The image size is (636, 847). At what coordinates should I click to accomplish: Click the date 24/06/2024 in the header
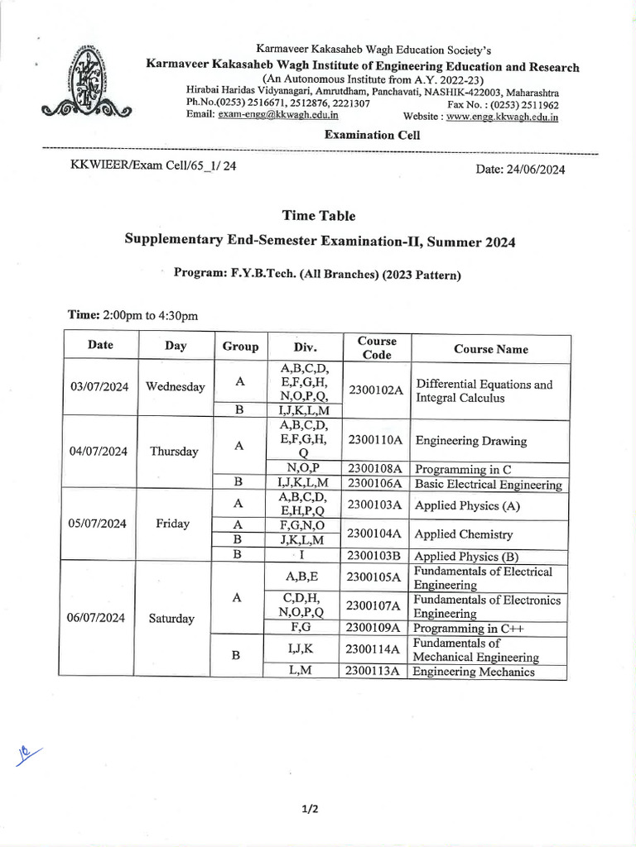520,169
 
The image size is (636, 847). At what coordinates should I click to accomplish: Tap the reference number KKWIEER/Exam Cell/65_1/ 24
155,165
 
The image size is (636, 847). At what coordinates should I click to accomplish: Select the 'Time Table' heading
319,216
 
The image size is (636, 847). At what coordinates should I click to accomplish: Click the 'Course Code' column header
377,348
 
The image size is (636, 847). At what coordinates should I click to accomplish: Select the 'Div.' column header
305,348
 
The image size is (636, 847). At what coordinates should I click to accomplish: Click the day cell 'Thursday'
174,452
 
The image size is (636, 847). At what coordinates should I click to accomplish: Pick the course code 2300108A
376,469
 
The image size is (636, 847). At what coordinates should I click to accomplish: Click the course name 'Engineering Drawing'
470,441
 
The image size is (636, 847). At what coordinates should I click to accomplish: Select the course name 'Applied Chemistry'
463,534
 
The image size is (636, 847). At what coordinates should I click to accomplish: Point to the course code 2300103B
376,557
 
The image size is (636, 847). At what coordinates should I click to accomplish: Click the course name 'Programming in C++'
469,629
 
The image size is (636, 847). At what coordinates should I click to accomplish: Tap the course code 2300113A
376,672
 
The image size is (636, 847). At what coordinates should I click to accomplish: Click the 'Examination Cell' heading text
372,135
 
